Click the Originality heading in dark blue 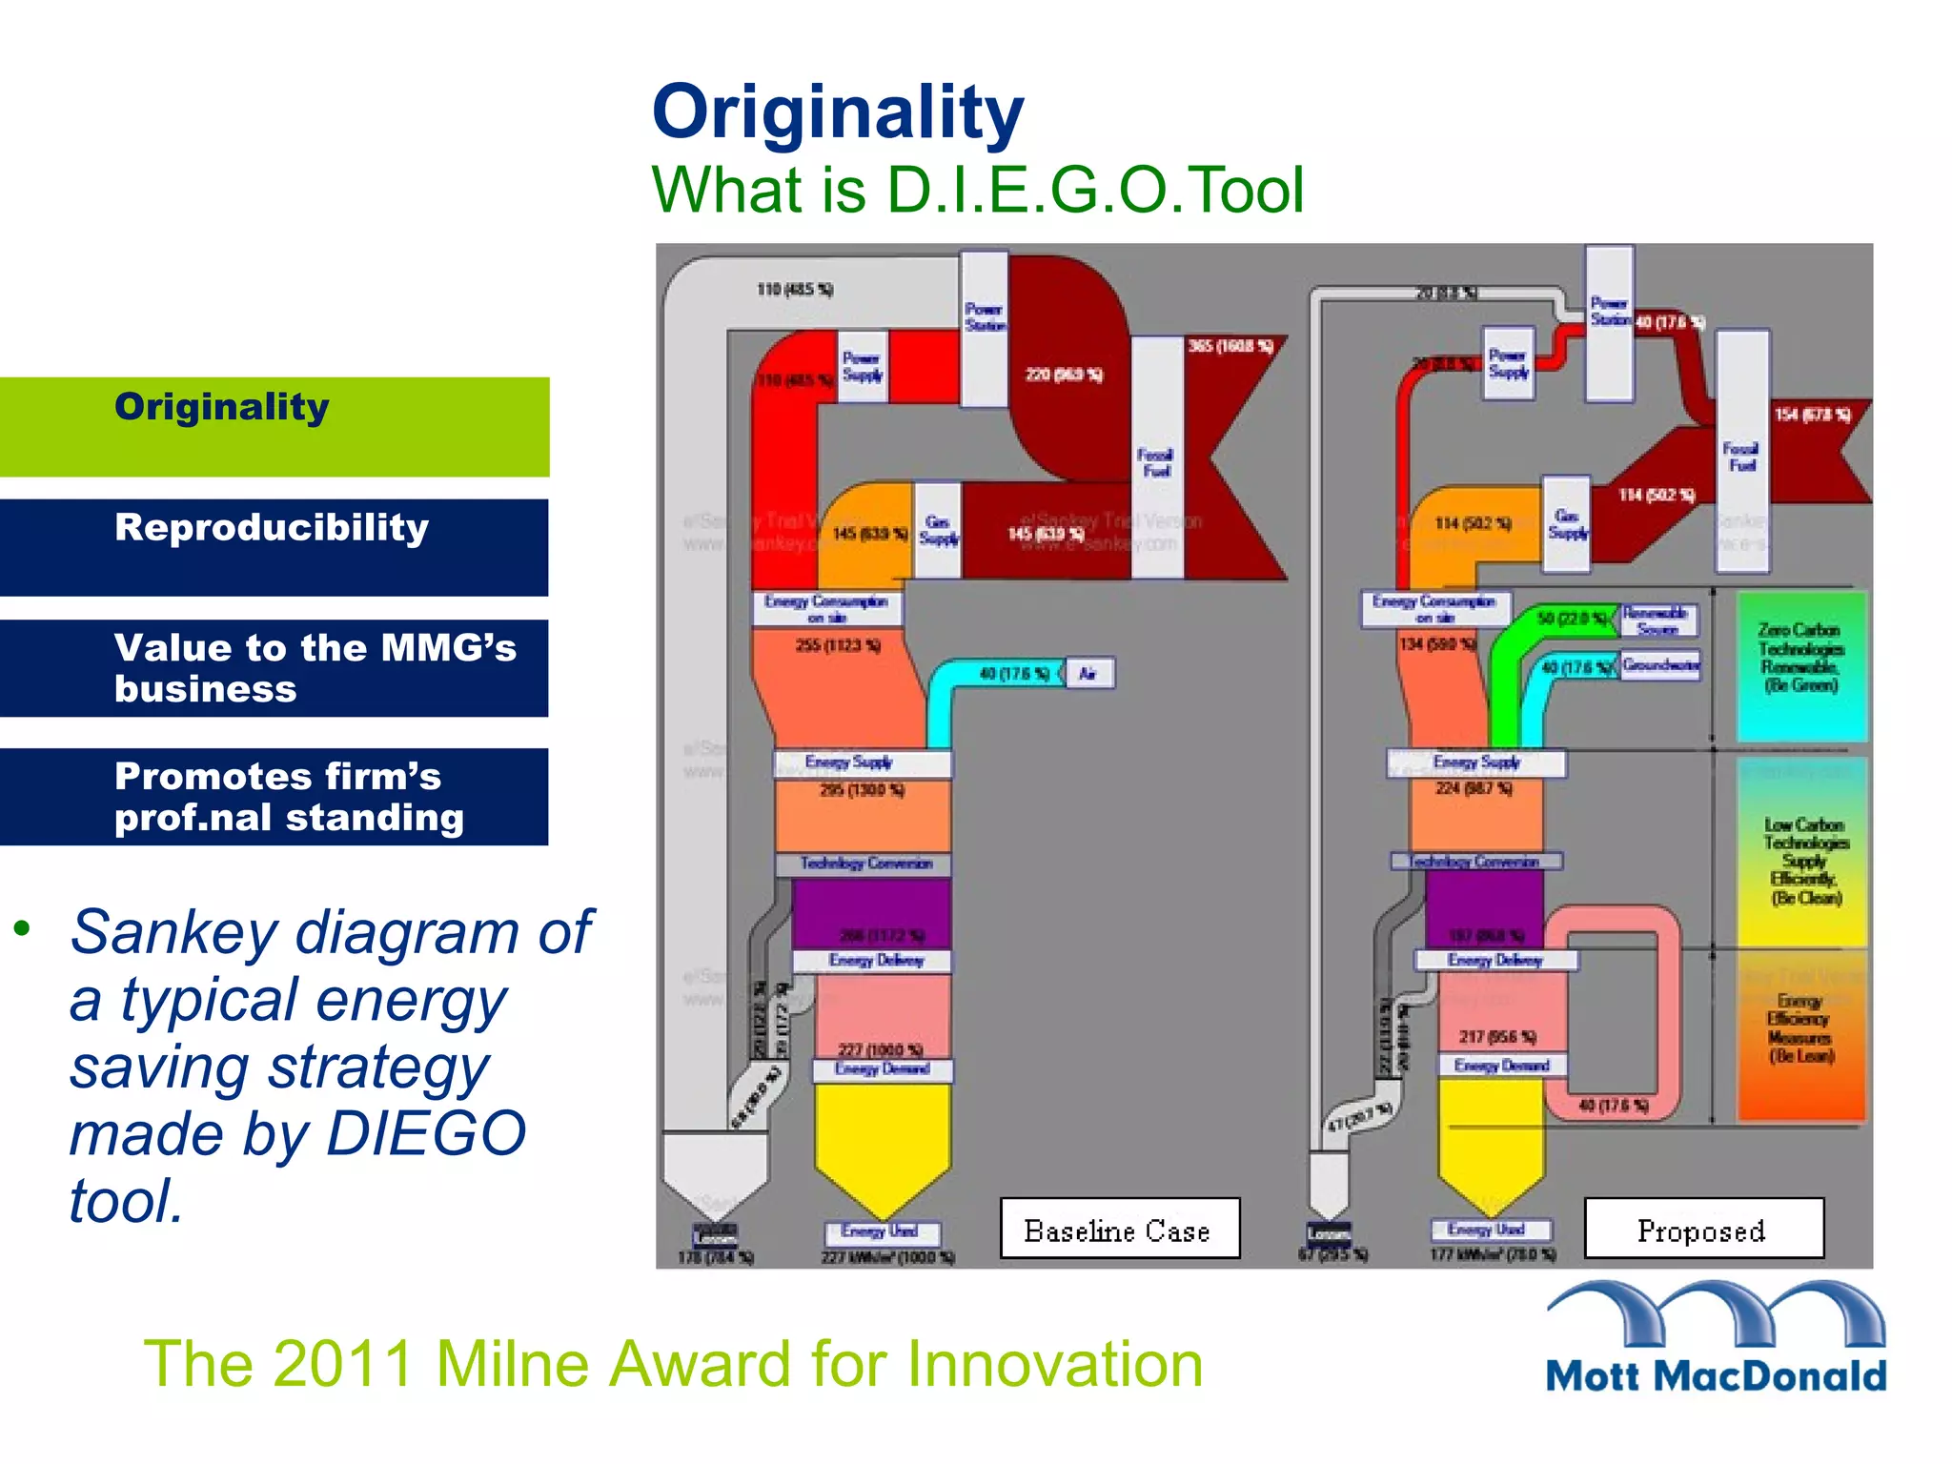pyautogui.click(x=837, y=112)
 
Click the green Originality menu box pyautogui.click(x=274, y=426)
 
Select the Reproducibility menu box pyautogui.click(x=274, y=547)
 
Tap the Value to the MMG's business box pyautogui.click(x=274, y=667)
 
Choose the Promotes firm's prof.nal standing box pyautogui.click(x=274, y=796)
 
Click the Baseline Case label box pyautogui.click(x=1119, y=1230)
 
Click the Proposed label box pyautogui.click(x=1703, y=1230)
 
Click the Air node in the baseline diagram pyautogui.click(x=1088, y=674)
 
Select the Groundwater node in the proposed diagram pyautogui.click(x=1660, y=664)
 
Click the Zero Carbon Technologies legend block pyautogui.click(x=1799, y=665)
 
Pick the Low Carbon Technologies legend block pyautogui.click(x=1801, y=853)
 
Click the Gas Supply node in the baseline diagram pyautogui.click(x=938, y=530)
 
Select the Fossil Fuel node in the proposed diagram pyautogui.click(x=1741, y=452)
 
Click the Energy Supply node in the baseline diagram pyautogui.click(x=862, y=763)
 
